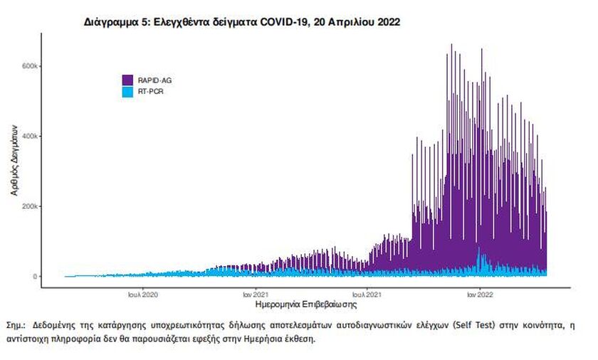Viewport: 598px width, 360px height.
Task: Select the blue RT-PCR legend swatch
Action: (127, 92)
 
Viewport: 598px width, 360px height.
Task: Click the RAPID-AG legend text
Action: (154, 80)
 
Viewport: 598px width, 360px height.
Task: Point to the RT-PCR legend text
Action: (150, 92)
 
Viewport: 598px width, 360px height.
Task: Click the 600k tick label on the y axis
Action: (28, 66)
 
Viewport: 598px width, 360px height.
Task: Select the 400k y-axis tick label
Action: (28, 136)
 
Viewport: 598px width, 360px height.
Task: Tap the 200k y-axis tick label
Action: (28, 206)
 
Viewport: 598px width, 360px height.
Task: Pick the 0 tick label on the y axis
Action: (35, 277)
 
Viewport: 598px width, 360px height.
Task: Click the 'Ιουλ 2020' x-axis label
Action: (143, 294)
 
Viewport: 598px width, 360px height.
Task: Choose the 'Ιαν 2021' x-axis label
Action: (255, 294)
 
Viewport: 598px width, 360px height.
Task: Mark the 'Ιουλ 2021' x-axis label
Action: (367, 294)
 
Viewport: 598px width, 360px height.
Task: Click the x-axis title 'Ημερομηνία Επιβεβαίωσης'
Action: (305, 305)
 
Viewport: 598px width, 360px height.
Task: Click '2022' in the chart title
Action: (387, 22)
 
